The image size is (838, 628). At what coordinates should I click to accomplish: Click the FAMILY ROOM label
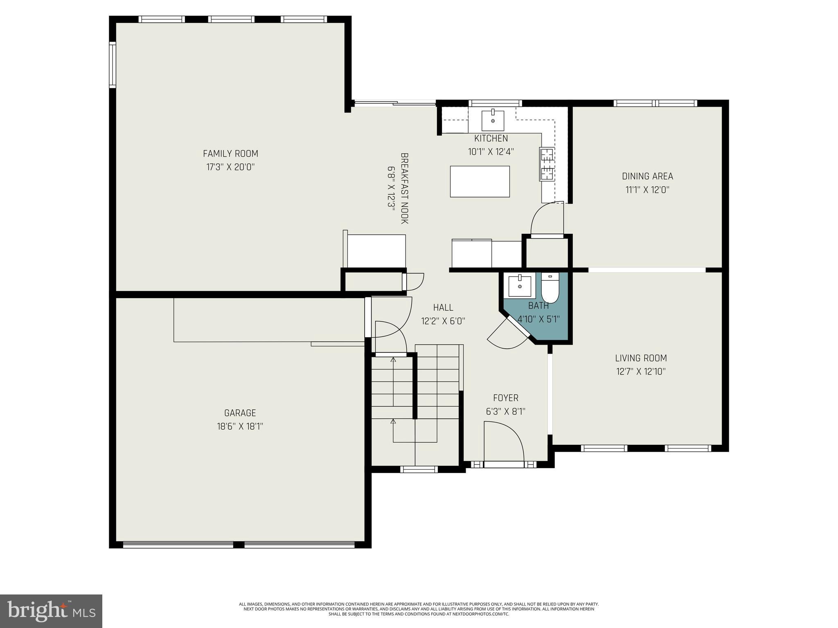[230, 154]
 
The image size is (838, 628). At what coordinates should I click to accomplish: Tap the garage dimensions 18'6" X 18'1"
[240, 426]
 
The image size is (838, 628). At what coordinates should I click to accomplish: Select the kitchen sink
[493, 120]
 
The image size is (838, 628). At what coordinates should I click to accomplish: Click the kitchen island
[480, 182]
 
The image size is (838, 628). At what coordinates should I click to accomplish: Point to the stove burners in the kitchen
[546, 164]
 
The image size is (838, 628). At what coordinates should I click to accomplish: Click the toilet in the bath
[550, 289]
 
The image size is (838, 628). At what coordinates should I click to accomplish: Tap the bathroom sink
[520, 286]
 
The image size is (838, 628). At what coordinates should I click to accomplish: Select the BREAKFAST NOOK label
[404, 188]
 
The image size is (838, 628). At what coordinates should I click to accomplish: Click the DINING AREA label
[647, 176]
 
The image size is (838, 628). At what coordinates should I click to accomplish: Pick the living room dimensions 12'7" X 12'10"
[641, 372]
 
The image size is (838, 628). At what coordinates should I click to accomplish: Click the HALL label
[443, 307]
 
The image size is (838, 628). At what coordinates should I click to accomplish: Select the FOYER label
[505, 398]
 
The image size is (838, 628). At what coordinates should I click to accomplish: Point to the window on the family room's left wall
[112, 65]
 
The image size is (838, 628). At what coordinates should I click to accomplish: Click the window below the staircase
[419, 469]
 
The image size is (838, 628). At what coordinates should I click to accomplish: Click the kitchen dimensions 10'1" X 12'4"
[491, 152]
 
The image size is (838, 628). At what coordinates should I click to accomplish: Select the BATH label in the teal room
[538, 305]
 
